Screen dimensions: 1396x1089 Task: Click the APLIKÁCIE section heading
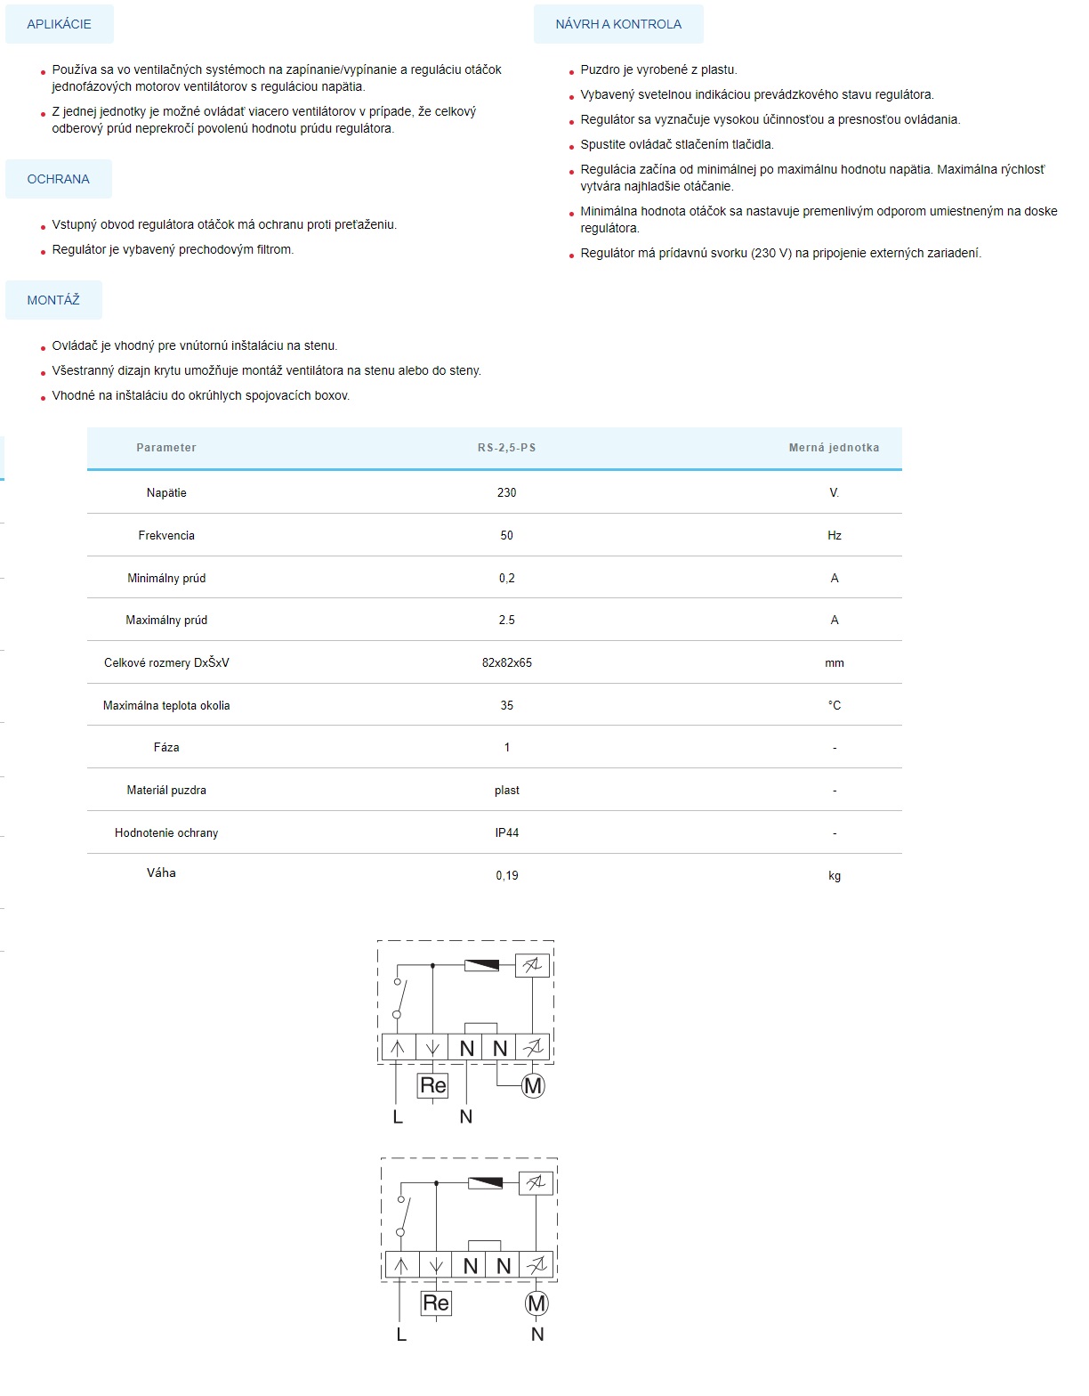[x=59, y=24]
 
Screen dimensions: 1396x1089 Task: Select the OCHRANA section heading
[x=58, y=179]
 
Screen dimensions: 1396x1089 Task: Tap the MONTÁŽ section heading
[x=53, y=300]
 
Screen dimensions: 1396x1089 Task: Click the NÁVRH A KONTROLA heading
[x=618, y=24]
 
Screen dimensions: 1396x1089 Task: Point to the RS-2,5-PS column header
[x=506, y=448]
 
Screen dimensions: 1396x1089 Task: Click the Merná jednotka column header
[x=834, y=448]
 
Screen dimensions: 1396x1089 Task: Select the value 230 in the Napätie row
[x=506, y=492]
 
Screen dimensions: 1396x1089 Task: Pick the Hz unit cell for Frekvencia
[x=834, y=535]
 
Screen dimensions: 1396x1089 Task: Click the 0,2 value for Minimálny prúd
[x=506, y=578]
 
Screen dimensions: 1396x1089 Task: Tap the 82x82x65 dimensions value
[x=506, y=662]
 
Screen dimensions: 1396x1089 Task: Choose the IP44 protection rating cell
[x=506, y=832]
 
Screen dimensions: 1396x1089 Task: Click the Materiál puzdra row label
[x=166, y=790]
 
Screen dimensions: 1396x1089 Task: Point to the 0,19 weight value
[x=506, y=875]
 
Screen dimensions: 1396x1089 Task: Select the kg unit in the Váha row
[x=834, y=875]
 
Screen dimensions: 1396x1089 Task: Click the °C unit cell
[x=834, y=705]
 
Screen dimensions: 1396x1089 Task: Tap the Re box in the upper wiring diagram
[x=432, y=1085]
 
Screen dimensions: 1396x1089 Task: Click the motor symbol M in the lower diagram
[x=536, y=1303]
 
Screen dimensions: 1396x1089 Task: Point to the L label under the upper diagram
[x=398, y=1116]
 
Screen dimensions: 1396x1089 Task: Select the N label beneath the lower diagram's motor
[x=536, y=1334]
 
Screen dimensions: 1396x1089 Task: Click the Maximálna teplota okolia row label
[x=166, y=705]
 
